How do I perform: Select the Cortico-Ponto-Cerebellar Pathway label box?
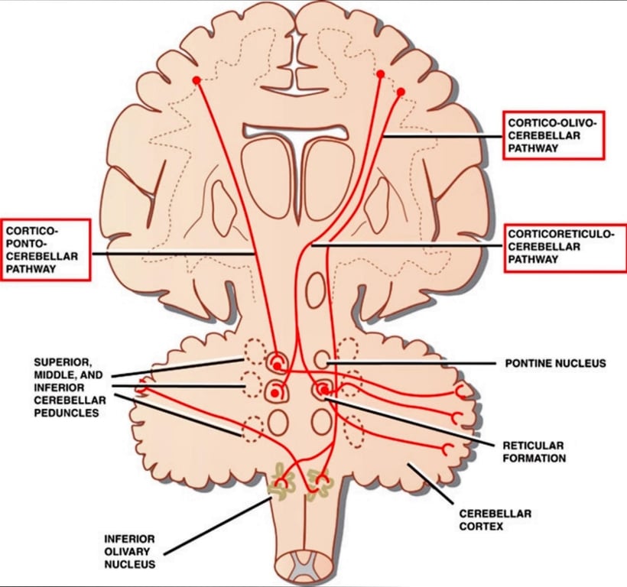pos(45,250)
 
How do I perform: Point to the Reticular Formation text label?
pos(534,452)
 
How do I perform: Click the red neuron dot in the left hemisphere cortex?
pos(197,80)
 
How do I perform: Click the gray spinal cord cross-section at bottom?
pos(296,569)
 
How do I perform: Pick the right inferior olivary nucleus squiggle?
pos(316,482)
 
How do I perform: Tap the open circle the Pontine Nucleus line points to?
pos(322,358)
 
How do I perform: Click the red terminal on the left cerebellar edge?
pos(142,388)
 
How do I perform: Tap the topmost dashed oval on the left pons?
pos(254,349)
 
